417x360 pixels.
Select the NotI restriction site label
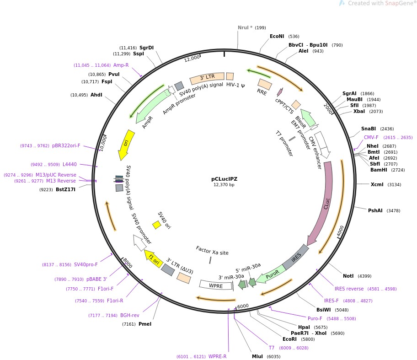348,276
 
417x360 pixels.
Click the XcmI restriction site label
377,184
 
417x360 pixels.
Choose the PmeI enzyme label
144,324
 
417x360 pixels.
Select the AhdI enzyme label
96,95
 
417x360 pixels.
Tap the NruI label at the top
245,27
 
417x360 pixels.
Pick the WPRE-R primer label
217,356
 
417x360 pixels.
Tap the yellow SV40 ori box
156,225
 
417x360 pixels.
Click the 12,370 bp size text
224,185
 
